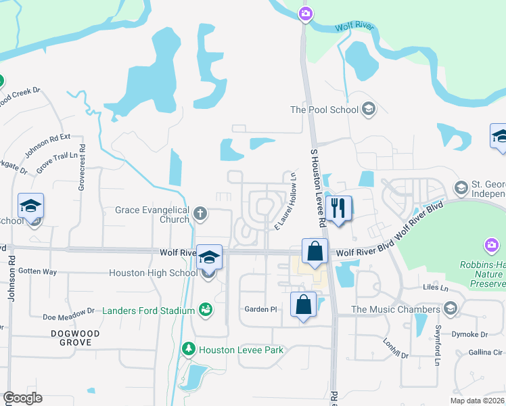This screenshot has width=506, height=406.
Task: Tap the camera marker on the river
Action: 306,14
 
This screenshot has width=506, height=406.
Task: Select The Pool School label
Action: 324,110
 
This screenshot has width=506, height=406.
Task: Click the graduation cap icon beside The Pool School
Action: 369,109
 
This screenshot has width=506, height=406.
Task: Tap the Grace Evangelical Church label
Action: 152,215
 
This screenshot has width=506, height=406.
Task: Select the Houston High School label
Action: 154,273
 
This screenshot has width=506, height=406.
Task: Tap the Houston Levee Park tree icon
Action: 190,350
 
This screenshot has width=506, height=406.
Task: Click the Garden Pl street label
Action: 261,309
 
